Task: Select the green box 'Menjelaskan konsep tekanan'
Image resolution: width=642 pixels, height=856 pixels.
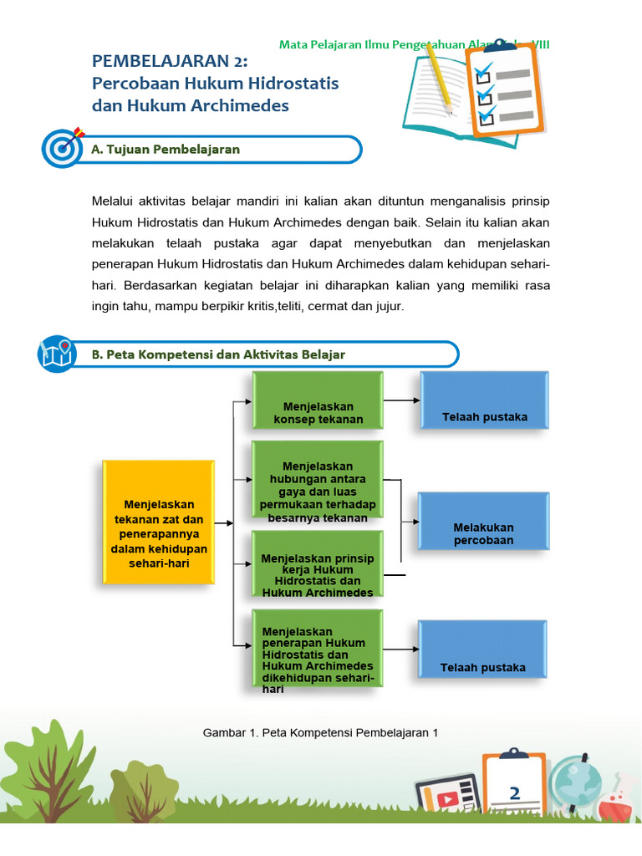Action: click(x=318, y=402)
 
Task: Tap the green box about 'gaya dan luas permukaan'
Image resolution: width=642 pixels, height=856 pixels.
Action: click(x=318, y=479)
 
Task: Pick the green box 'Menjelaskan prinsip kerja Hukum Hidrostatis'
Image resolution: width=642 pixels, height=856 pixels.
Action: click(x=318, y=564)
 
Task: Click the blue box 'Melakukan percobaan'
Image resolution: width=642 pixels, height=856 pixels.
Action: click(x=483, y=521)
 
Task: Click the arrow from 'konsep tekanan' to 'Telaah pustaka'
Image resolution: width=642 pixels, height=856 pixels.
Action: click(x=402, y=400)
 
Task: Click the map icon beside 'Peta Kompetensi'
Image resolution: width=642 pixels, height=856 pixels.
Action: click(x=57, y=354)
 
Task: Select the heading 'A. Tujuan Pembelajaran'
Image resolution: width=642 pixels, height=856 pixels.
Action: click(x=166, y=150)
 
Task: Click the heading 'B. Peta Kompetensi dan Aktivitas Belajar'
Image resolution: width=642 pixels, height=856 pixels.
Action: click(x=218, y=354)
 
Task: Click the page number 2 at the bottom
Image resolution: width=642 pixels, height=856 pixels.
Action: click(x=515, y=793)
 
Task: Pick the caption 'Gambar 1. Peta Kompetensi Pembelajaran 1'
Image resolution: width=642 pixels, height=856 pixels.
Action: click(x=321, y=733)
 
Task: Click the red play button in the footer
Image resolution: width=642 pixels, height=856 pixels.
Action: click(x=447, y=798)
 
